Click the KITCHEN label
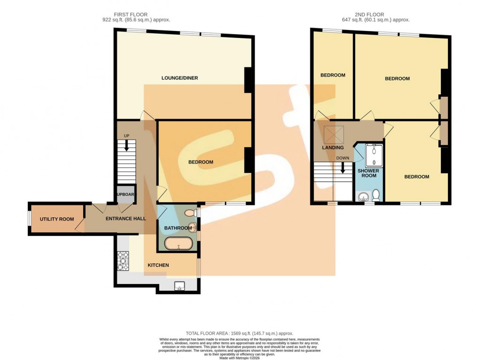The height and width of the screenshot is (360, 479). coord(158,265)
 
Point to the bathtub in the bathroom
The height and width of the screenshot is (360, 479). coord(179,244)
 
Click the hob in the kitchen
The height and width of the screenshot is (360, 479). coord(123,261)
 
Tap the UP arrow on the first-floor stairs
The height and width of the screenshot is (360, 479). coord(126,144)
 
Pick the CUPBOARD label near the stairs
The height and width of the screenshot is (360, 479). coord(125,195)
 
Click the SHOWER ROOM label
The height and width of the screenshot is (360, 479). coord(368,173)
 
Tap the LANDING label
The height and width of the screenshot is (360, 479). coord(332,148)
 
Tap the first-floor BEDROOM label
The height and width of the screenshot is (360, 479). coord(201,162)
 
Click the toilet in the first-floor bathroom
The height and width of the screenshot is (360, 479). coord(189,213)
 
